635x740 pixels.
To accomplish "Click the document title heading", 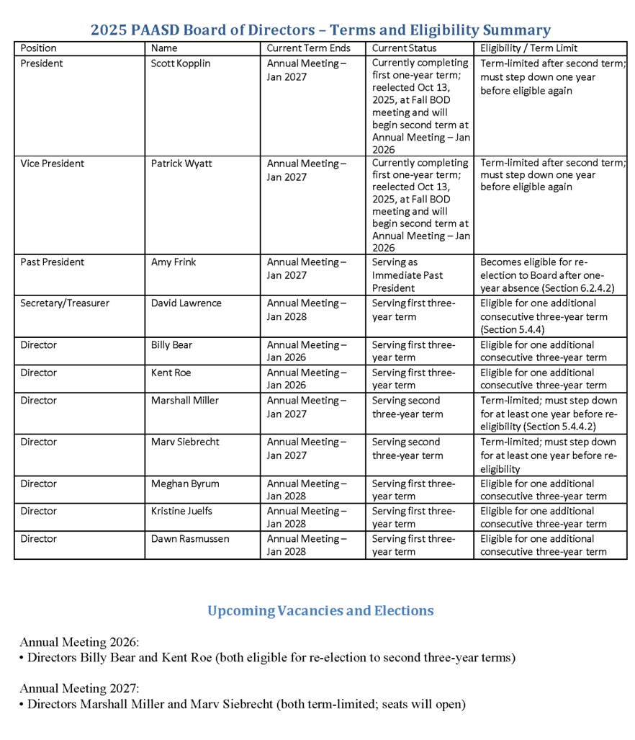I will click(320, 30).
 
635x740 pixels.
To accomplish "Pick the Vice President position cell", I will click(53, 164).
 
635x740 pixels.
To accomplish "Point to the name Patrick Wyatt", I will click(181, 164).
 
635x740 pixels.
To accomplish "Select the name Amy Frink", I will click(174, 262).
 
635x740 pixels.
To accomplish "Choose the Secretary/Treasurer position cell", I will click(65, 303).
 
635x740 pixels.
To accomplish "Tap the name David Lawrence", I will click(186, 303).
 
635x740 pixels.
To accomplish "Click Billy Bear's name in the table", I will click(171, 345).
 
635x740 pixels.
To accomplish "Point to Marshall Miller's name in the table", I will click(185, 401).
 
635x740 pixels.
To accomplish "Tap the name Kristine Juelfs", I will click(181, 511).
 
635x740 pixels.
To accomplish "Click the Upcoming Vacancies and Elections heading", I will click(320, 611).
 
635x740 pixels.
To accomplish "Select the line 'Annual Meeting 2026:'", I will click(79, 642).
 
